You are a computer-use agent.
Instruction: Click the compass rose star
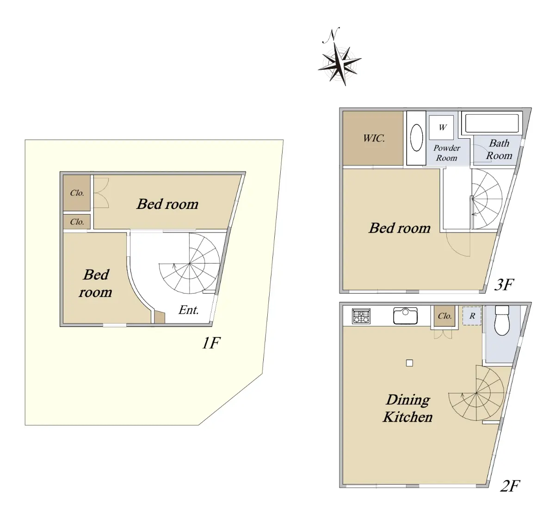pyautogui.click(x=340, y=64)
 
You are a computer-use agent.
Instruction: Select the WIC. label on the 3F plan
pyautogui.click(x=374, y=138)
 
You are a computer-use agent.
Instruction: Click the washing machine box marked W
pyautogui.click(x=442, y=128)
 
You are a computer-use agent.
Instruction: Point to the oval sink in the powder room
pyautogui.click(x=416, y=138)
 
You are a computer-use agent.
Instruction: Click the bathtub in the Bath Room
pyautogui.click(x=492, y=122)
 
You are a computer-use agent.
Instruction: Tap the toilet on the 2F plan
pyautogui.click(x=502, y=320)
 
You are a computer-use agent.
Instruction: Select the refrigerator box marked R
pyautogui.click(x=472, y=316)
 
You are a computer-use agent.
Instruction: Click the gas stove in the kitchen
pyautogui.click(x=361, y=316)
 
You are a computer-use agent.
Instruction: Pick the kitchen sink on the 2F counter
pyautogui.click(x=405, y=316)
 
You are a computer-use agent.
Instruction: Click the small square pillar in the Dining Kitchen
pyautogui.click(x=409, y=363)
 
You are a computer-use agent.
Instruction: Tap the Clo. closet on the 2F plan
pyautogui.click(x=444, y=316)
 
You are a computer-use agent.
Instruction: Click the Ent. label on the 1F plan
pyautogui.click(x=189, y=310)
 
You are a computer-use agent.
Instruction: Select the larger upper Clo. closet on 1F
pyautogui.click(x=77, y=193)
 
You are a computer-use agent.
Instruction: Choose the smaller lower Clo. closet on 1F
pyautogui.click(x=77, y=222)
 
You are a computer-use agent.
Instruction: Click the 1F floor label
pyautogui.click(x=211, y=343)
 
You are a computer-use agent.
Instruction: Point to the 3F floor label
pyautogui.click(x=504, y=285)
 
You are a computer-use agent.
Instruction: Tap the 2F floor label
pyautogui.click(x=510, y=486)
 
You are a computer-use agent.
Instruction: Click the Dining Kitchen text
pyautogui.click(x=407, y=408)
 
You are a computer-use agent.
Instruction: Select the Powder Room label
pyautogui.click(x=447, y=153)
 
